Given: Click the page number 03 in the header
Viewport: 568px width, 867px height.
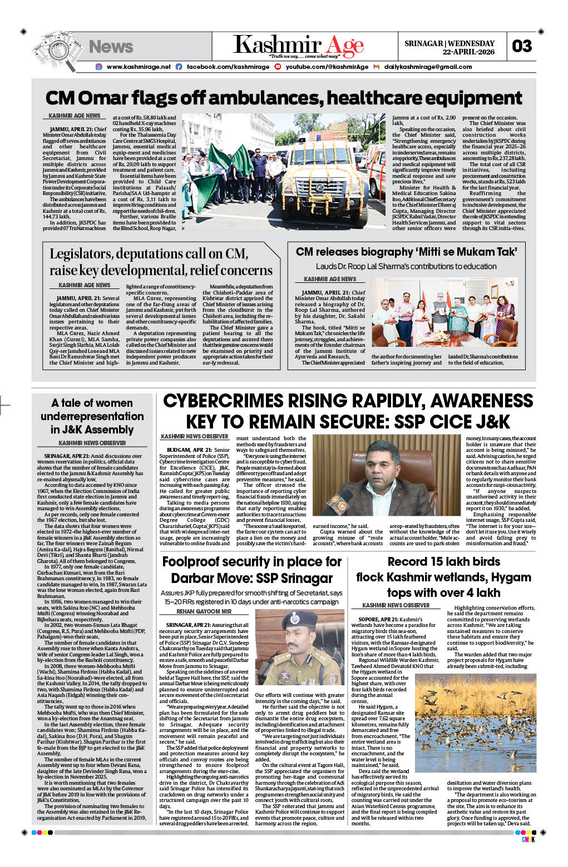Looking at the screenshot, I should pos(522,46).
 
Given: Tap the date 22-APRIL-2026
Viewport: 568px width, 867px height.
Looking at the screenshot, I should pos(468,52).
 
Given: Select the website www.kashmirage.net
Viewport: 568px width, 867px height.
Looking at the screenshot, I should pos(139,67).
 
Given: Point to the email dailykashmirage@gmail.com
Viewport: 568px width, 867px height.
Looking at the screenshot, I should pos(428,67).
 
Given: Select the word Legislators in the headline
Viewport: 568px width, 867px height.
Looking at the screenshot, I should pos(81,254).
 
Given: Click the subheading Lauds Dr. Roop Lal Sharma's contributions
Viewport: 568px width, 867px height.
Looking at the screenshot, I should pos(406,266).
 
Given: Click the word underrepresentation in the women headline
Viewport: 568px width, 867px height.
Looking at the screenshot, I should pos(92,416).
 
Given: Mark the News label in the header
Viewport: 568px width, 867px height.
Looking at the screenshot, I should pos(111,47).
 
